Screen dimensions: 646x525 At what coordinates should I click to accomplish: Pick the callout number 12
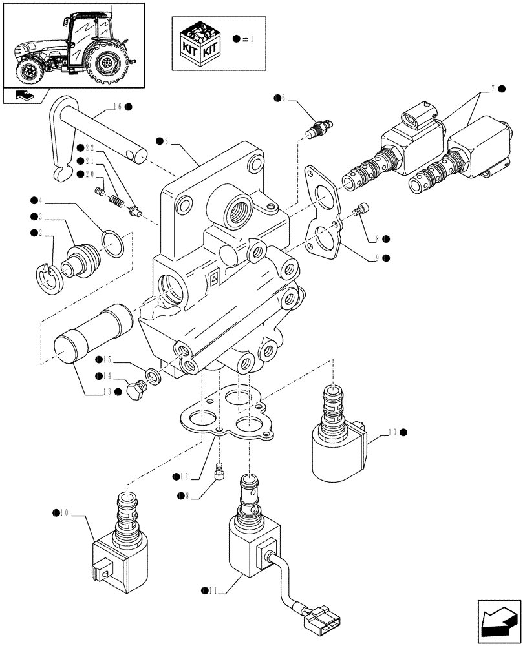click(186, 476)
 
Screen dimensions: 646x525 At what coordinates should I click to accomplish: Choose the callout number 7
click(497, 89)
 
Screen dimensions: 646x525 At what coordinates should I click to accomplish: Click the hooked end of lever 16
click(63, 171)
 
